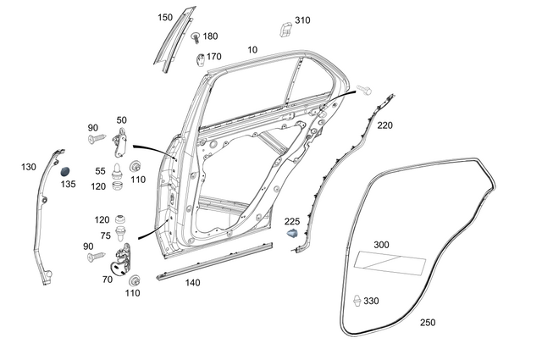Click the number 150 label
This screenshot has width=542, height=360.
165,17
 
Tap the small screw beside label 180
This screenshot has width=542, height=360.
196,37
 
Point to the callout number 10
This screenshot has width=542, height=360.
252,50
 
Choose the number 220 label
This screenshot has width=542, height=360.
385,125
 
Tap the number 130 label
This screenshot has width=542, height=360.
29,167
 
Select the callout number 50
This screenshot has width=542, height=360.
121,121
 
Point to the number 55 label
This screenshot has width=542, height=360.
100,171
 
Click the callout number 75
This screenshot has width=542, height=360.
105,236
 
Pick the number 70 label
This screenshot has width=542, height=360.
108,279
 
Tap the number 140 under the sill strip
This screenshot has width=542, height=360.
193,283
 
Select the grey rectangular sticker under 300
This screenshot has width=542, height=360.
390,263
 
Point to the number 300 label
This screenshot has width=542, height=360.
382,245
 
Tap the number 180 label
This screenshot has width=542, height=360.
210,36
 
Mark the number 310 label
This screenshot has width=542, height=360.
302,19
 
